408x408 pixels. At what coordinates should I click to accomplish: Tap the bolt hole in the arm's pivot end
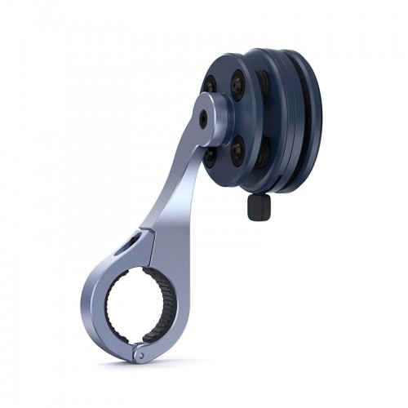click(202, 118)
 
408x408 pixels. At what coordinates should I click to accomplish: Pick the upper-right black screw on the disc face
click(237, 85)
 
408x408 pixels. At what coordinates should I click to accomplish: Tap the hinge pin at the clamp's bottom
click(140, 355)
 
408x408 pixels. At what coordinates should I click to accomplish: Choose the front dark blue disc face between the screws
click(225, 118)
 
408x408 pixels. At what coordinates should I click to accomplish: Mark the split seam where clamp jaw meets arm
click(150, 237)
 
